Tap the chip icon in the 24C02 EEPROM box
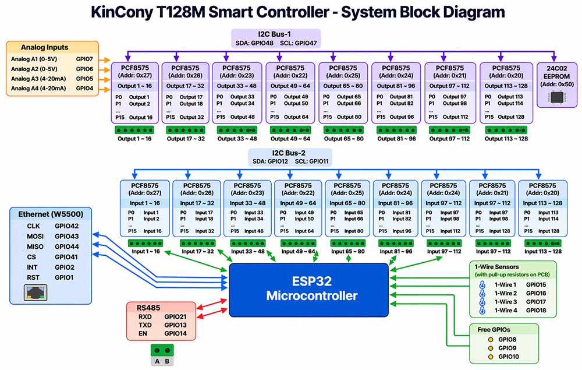(x=558, y=96)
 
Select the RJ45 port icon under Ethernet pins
(x=35, y=293)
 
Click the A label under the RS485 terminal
(x=157, y=361)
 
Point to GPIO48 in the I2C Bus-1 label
(x=271, y=43)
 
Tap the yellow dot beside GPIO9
(x=491, y=348)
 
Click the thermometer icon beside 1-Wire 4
(x=482, y=311)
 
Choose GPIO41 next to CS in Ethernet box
(x=67, y=257)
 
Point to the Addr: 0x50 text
(x=557, y=84)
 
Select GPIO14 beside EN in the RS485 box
(x=175, y=334)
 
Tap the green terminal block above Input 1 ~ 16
(x=145, y=243)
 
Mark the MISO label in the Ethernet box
(x=36, y=246)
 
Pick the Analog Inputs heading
(x=44, y=47)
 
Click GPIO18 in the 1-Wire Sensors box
(x=536, y=311)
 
